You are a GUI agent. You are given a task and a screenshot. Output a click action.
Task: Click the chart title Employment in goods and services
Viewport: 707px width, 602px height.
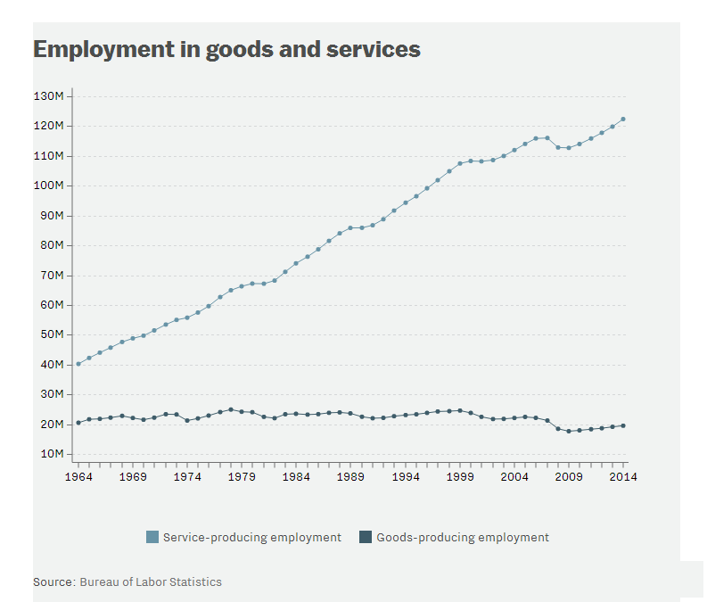pos(226,49)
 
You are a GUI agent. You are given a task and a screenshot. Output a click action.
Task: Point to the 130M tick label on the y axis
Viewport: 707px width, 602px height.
pos(48,96)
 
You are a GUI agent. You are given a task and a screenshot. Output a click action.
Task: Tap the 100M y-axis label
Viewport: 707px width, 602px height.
pos(48,186)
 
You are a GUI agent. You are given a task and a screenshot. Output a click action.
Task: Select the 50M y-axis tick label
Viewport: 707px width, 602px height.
pos(50,334)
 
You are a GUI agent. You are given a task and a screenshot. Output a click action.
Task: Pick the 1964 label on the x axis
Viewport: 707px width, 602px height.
pos(78,477)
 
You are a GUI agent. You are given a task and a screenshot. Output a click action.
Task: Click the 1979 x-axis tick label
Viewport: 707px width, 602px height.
pos(242,477)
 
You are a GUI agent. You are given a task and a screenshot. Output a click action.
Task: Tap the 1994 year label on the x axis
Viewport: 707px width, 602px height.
pos(406,477)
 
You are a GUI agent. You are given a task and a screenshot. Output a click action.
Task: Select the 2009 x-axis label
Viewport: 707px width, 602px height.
pos(569,477)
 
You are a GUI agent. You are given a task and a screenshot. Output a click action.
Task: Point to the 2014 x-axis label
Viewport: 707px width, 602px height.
pos(623,477)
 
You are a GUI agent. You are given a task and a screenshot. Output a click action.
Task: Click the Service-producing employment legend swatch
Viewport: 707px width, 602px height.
pos(152,537)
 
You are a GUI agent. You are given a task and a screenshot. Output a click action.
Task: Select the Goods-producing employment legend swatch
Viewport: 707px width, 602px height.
pos(365,537)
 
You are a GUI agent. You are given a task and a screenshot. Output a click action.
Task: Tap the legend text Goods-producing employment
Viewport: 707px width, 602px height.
pos(463,537)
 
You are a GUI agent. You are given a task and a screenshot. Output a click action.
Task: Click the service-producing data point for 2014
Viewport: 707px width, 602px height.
pos(623,119)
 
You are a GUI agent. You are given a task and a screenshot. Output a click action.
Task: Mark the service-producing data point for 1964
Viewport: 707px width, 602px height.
pos(78,364)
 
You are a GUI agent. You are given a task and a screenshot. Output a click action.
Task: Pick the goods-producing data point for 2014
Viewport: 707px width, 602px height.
pos(623,425)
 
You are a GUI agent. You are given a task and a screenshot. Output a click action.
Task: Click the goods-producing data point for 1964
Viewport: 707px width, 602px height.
pos(78,423)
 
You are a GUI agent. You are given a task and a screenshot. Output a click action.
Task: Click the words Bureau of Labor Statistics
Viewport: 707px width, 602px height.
pos(151,581)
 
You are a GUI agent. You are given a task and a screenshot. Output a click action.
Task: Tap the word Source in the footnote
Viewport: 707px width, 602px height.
pos(53,581)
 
